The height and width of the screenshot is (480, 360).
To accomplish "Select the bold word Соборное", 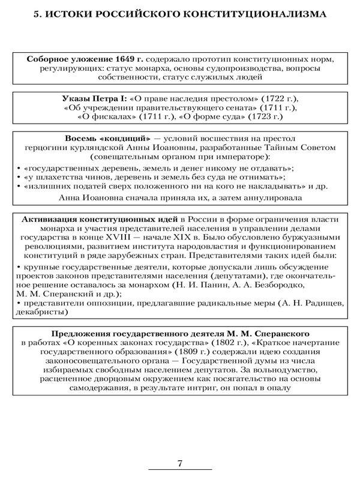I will coord(50,60).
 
